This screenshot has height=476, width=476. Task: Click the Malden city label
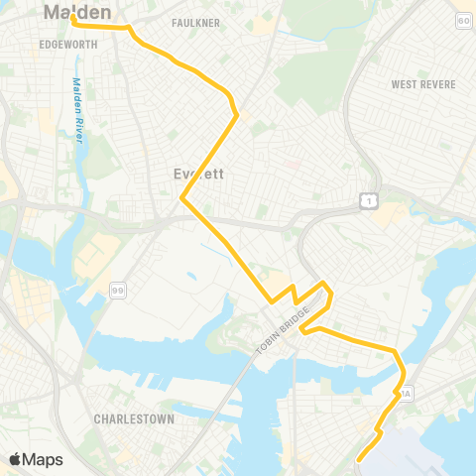(76, 13)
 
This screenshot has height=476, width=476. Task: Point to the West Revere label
(423, 84)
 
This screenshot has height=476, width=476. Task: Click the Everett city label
(198, 173)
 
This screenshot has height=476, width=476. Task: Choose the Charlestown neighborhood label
(134, 419)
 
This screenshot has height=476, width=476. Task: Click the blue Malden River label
(76, 110)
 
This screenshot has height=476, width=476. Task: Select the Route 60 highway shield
(463, 20)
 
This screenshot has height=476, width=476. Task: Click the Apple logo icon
(16, 459)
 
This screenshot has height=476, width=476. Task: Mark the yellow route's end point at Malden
(74, 17)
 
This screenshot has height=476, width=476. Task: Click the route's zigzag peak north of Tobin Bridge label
(324, 285)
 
